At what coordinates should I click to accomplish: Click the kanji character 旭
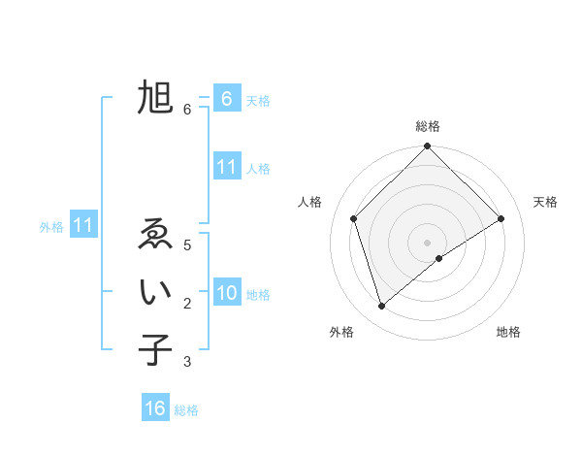tap(155, 98)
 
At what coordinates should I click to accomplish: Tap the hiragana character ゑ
tap(155, 235)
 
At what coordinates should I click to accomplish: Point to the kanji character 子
tap(155, 350)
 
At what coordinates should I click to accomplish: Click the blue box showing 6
tap(226, 98)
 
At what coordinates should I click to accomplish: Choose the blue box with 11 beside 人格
tap(226, 167)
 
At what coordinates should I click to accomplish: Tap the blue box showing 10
tap(226, 293)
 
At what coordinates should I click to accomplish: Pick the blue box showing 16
tap(155, 408)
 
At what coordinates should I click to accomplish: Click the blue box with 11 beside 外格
tap(83, 225)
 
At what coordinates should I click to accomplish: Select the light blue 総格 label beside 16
tap(186, 410)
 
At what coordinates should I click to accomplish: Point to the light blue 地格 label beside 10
tap(258, 295)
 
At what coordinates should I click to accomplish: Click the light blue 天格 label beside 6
tap(258, 100)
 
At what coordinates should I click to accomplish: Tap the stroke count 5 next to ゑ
tap(187, 245)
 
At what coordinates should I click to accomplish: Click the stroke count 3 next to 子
tap(187, 362)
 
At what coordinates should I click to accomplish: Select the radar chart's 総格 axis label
tap(427, 126)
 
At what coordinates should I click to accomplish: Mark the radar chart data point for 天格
tap(501, 218)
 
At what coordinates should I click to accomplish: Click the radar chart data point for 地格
tap(439, 258)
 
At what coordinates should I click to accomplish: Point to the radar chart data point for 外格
tap(382, 307)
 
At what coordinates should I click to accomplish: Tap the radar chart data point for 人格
tap(354, 218)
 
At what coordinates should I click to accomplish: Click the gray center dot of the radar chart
tap(427, 242)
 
